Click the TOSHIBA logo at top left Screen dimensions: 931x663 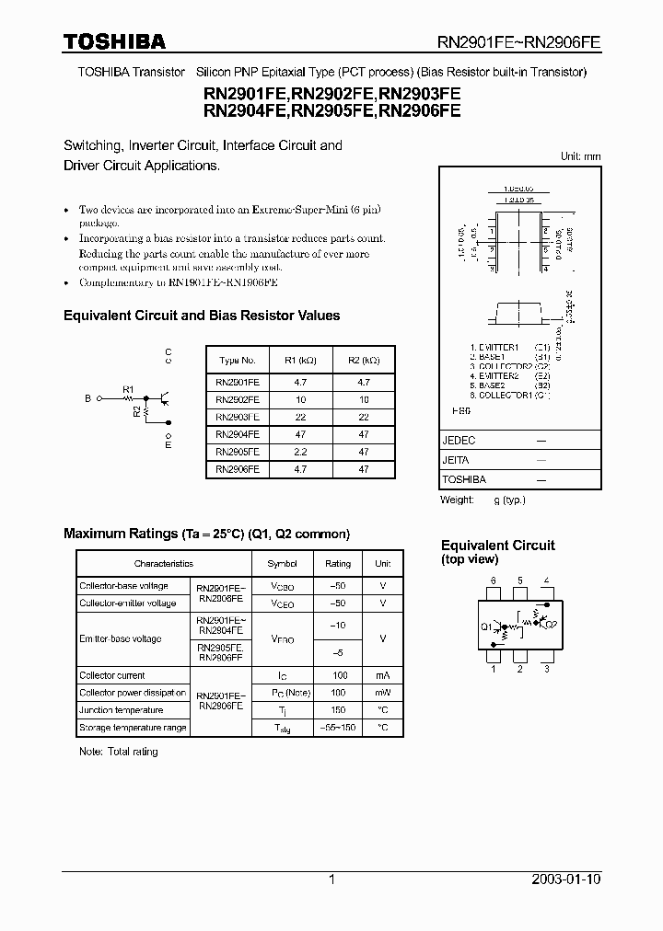point(114,41)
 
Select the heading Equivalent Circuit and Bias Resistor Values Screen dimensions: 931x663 point(202,316)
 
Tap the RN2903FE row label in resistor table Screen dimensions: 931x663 point(238,417)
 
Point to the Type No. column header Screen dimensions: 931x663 point(238,361)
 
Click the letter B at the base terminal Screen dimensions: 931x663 point(88,399)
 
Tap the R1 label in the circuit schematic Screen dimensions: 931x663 point(129,388)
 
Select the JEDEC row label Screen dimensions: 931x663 point(459,441)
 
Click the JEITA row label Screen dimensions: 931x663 point(457,460)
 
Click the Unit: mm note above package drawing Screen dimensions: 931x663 point(580,156)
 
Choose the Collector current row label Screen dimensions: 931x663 point(112,675)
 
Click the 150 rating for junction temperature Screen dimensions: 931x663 point(338,710)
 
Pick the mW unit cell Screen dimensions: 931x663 point(382,693)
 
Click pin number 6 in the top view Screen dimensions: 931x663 point(494,580)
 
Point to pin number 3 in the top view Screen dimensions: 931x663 point(546,669)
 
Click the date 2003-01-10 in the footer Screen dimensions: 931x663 point(566,879)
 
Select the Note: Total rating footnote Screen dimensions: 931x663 point(119,752)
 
